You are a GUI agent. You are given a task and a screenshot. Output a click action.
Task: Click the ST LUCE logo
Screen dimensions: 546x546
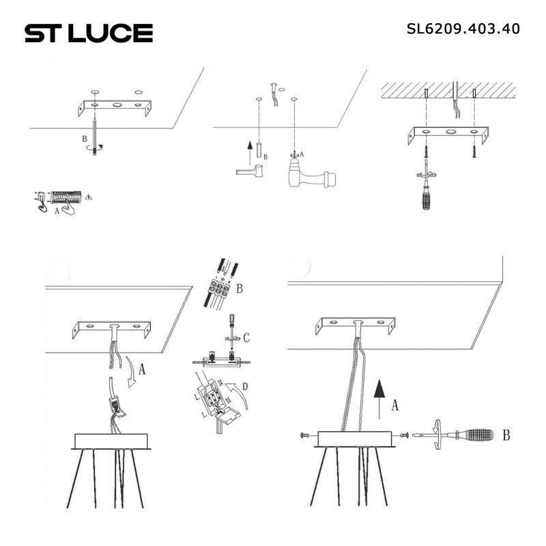(x=89, y=33)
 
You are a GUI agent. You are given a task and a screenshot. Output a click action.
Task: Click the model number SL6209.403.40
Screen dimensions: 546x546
(x=463, y=29)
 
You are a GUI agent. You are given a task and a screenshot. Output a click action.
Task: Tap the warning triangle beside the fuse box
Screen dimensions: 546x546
(x=89, y=197)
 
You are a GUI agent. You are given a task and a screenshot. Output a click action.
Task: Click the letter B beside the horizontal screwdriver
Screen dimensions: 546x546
(x=506, y=433)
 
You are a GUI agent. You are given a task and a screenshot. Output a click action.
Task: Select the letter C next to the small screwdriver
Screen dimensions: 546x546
(x=246, y=337)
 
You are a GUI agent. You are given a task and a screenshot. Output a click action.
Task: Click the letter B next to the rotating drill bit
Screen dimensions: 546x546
(x=84, y=139)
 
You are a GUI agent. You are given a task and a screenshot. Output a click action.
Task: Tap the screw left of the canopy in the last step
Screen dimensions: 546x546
(x=304, y=435)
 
